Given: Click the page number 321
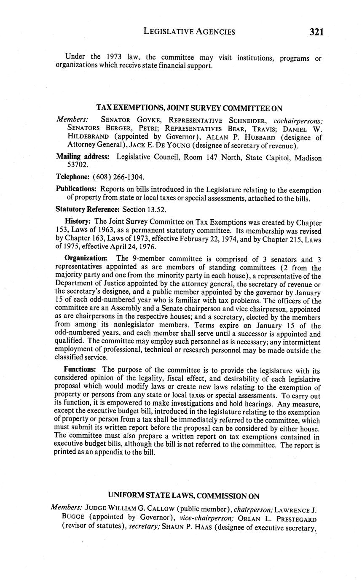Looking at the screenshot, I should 316,32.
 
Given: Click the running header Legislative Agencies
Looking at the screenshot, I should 189,31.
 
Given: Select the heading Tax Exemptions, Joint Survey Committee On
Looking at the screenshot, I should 189,108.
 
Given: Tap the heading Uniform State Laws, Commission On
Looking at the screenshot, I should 184,496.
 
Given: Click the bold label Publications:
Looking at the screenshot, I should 76,190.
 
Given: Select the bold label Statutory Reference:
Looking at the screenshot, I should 88,209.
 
